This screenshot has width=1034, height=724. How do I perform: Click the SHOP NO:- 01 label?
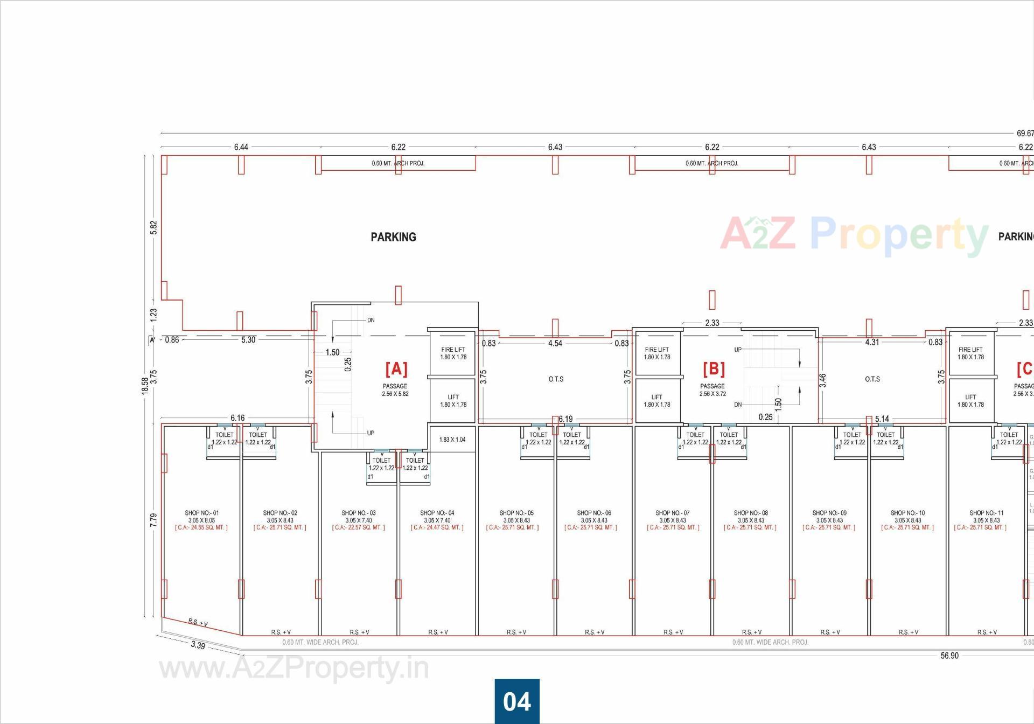click(202, 513)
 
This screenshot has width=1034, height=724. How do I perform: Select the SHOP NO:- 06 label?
click(594, 513)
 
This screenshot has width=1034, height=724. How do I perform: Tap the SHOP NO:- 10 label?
click(907, 513)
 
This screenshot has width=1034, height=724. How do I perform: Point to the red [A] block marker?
click(396, 369)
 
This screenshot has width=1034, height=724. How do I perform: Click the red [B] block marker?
click(714, 369)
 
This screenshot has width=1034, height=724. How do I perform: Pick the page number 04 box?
click(517, 701)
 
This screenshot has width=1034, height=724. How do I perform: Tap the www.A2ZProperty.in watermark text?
click(294, 669)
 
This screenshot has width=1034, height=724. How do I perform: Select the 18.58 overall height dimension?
click(145, 386)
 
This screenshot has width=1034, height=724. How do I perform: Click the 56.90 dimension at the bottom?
click(949, 656)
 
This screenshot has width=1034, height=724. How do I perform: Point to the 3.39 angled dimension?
click(198, 645)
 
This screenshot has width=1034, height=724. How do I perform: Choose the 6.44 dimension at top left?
click(241, 147)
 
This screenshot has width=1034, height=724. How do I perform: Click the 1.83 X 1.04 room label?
click(452, 440)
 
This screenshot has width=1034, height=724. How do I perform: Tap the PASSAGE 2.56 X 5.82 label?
click(395, 390)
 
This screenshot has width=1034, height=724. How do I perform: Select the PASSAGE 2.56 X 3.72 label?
click(712, 390)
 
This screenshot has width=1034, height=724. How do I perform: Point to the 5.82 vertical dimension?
click(154, 227)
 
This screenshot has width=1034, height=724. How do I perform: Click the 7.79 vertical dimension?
click(154, 520)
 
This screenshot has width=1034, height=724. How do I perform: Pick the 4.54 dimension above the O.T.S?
click(555, 343)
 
